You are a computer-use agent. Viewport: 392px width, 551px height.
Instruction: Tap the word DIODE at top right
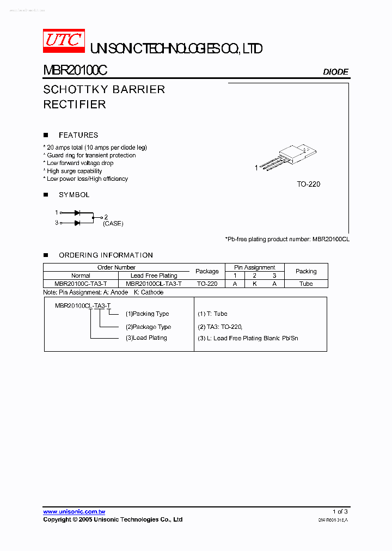[x=335, y=72]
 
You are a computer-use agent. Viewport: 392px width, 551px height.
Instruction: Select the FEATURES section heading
[x=78, y=135]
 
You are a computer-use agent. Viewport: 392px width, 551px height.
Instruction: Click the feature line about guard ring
[x=91, y=155]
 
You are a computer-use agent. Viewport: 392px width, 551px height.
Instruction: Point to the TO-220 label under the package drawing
[x=308, y=184]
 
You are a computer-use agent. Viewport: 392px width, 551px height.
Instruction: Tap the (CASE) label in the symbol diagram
[x=113, y=224]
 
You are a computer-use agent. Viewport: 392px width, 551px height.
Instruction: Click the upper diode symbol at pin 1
[x=77, y=212]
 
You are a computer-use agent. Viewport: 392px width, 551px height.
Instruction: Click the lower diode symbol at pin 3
[x=77, y=223]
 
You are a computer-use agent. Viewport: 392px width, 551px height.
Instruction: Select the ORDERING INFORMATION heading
[x=106, y=255]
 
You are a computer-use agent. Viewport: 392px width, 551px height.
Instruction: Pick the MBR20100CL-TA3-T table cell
[x=154, y=284]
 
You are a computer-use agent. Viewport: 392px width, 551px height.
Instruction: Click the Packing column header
[x=306, y=271]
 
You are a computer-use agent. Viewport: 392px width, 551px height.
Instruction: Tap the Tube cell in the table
[x=306, y=284]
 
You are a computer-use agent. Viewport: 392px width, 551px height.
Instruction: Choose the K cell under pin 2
[x=254, y=284]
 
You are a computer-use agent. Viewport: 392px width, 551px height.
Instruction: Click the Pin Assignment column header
[x=254, y=267]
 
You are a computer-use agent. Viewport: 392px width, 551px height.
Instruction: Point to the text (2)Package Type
[x=148, y=327]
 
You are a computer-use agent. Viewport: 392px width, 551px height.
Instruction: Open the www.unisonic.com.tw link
[x=74, y=512]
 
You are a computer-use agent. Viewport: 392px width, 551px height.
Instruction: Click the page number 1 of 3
[x=340, y=512]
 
